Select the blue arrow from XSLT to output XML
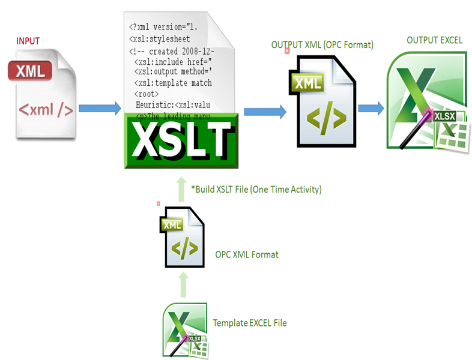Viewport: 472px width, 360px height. [x=265, y=110]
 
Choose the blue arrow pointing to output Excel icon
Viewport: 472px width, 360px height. [x=371, y=108]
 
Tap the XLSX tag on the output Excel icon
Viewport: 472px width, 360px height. [x=446, y=117]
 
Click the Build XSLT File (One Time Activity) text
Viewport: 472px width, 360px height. [x=256, y=190]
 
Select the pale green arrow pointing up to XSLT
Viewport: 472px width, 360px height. [x=182, y=187]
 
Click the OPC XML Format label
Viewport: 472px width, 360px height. [x=247, y=254]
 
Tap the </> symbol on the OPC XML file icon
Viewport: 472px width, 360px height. [x=183, y=249]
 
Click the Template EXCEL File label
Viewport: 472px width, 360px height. [x=250, y=323]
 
